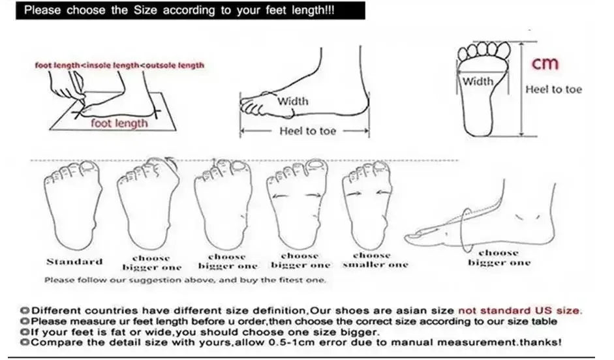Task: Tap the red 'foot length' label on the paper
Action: tap(119, 123)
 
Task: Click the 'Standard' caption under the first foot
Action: tap(74, 262)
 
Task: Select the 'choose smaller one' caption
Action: tap(371, 260)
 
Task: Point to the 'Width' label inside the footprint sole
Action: tap(478, 82)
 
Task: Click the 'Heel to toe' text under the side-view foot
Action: tap(307, 131)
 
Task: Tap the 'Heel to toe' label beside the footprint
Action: tap(553, 90)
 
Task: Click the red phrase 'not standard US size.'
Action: tap(520, 310)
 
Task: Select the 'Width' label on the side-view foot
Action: tap(293, 101)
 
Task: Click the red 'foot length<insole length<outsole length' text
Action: tap(119, 65)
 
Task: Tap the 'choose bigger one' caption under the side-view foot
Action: tap(499, 258)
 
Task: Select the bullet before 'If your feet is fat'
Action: tap(24, 332)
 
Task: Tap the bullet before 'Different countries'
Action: tap(24, 311)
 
